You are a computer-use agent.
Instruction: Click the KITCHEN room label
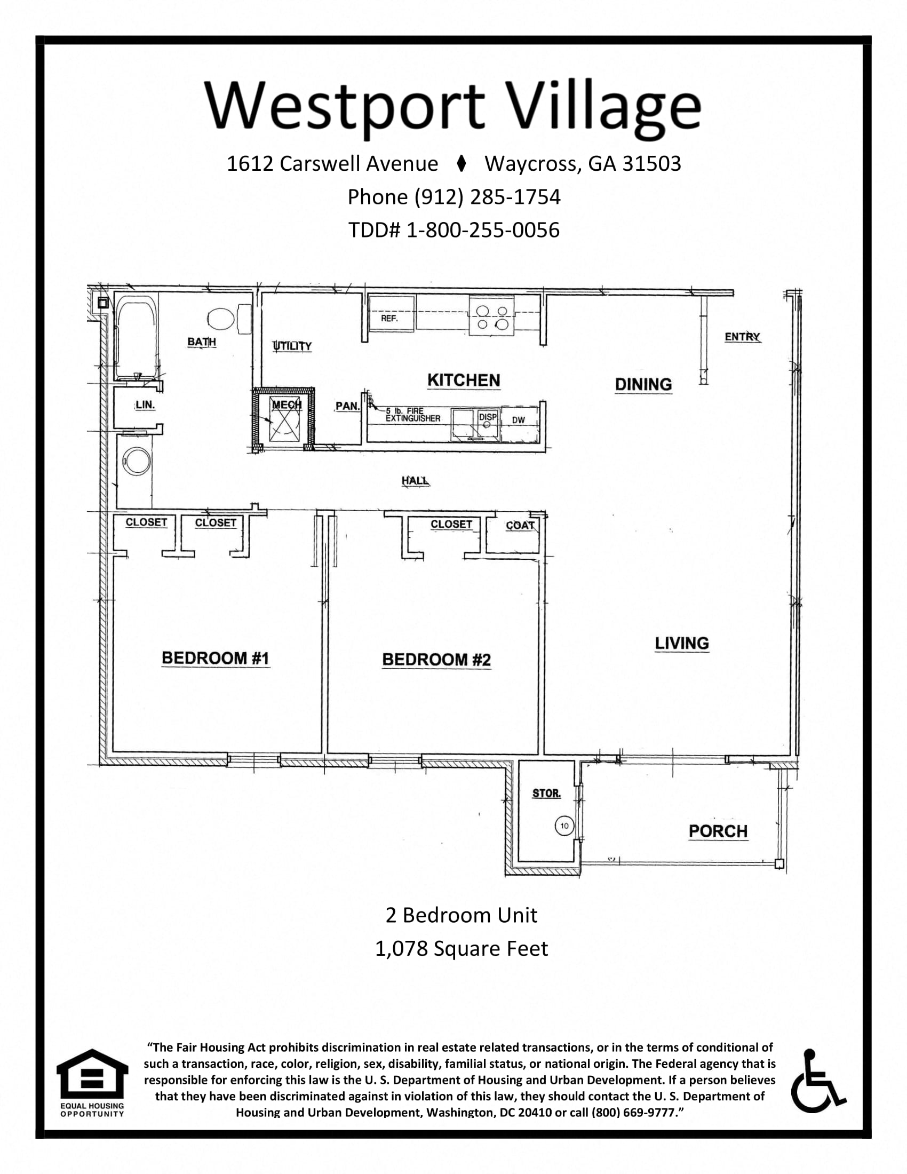point(464,380)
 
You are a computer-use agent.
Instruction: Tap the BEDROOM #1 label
point(215,658)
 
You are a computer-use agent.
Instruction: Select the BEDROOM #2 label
point(436,660)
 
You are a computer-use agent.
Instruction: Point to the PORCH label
point(718,831)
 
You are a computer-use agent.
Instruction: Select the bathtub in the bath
point(136,339)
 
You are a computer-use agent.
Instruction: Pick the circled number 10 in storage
point(564,826)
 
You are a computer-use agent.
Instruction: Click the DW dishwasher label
point(518,421)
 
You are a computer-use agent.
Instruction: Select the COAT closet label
point(520,525)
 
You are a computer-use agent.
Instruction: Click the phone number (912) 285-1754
point(454,197)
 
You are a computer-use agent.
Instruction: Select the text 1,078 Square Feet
point(461,948)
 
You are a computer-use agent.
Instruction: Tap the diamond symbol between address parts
point(460,163)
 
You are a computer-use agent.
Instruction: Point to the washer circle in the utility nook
point(132,461)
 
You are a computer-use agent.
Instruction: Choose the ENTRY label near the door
point(742,337)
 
